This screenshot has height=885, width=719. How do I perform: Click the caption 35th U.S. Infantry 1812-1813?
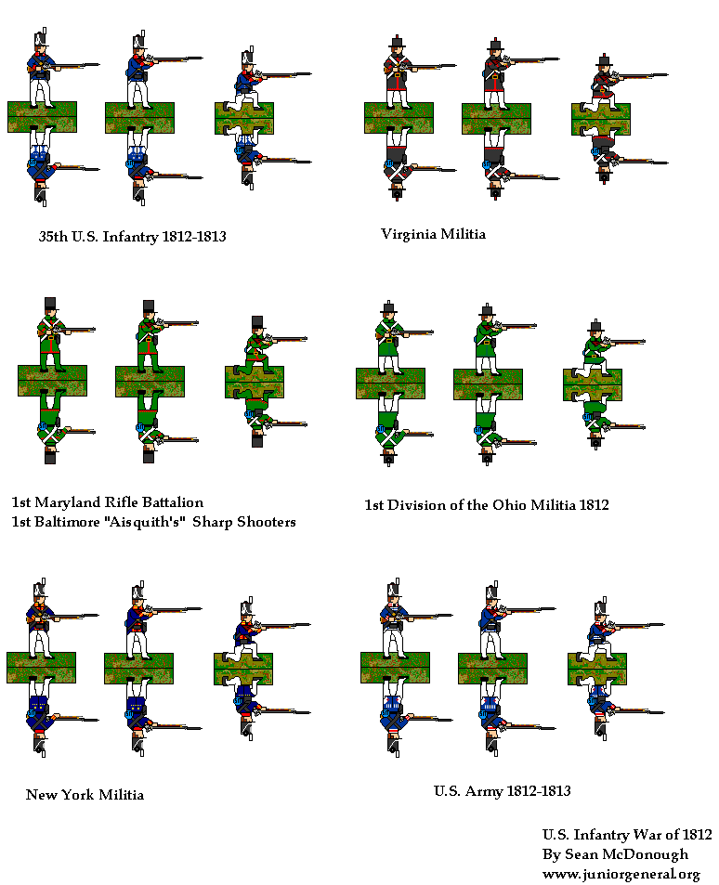tap(132, 236)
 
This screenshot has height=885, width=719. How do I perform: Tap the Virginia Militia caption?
tap(433, 234)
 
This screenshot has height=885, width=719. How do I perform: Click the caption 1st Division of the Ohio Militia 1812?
tap(487, 504)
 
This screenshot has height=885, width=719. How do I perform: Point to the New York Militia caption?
tap(85, 795)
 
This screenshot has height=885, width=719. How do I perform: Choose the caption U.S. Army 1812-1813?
tap(503, 791)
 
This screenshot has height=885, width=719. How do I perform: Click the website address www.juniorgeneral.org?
tap(621, 874)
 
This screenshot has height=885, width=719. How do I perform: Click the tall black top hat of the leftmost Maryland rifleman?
tap(50, 305)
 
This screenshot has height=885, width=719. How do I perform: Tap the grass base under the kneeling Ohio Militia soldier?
tap(593, 385)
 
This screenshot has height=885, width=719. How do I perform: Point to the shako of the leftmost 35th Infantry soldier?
tap(40, 40)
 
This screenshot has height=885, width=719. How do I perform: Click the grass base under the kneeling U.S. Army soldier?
tap(597, 669)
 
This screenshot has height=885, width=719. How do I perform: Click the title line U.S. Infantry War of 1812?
tap(627, 834)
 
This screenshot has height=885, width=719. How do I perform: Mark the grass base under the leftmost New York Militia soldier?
tap(41, 668)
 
